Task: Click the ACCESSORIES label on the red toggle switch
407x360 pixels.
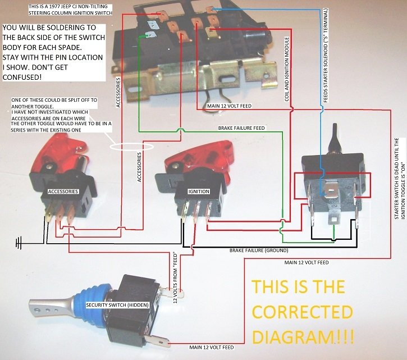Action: pyautogui.click(x=63, y=192)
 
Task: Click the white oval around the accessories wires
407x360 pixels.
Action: pyautogui.click(x=132, y=147)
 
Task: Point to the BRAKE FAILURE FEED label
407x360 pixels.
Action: pyautogui.click(x=241, y=128)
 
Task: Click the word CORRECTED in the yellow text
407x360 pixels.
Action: pyautogui.click(x=302, y=312)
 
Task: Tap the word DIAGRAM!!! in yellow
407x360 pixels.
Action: pyautogui.click(x=303, y=337)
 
